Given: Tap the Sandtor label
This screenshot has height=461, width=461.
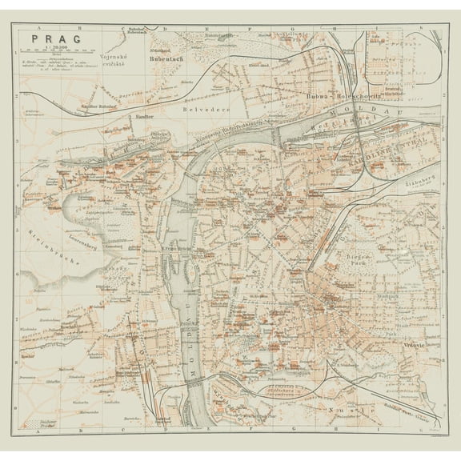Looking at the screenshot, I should coord(144,116).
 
